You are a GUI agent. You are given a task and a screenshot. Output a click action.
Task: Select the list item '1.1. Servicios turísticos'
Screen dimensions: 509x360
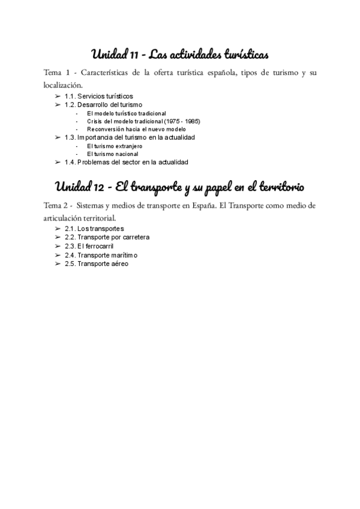pos(99,96)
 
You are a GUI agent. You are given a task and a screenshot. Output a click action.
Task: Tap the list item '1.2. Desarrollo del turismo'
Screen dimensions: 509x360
pos(103,104)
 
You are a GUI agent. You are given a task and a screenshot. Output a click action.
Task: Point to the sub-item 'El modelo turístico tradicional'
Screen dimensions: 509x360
pos(126,113)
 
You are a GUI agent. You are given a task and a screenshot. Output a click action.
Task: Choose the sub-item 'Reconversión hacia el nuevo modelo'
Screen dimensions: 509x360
pos(136,129)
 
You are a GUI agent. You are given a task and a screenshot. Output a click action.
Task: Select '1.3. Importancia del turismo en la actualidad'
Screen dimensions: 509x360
pos(130,137)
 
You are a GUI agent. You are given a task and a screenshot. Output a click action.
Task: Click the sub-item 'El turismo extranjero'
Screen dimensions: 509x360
pos(115,146)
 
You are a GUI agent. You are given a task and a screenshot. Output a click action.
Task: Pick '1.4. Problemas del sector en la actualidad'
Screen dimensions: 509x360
pos(127,162)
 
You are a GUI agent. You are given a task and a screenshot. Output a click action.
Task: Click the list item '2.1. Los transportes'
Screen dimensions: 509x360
pos(94,229)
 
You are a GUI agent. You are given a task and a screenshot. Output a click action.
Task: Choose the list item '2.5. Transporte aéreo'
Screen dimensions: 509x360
pos(96,263)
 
